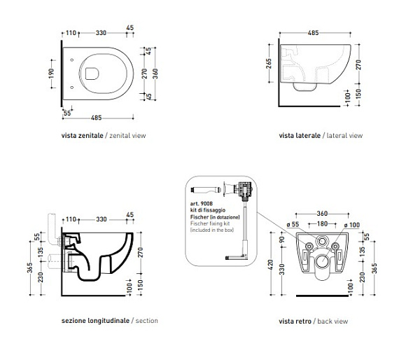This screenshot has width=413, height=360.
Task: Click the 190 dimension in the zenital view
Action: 51,74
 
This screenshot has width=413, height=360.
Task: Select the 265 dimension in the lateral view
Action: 269,64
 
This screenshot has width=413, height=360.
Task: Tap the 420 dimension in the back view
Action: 271,265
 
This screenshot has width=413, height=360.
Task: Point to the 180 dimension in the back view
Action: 322,223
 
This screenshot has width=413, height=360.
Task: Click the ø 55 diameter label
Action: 293,225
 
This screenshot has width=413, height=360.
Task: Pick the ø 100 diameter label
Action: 352,225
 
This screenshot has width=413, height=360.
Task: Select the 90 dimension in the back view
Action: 282,240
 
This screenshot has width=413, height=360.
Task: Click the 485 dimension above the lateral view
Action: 313,33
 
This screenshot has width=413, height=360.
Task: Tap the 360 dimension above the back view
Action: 322,214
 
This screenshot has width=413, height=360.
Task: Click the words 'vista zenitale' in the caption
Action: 82,135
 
